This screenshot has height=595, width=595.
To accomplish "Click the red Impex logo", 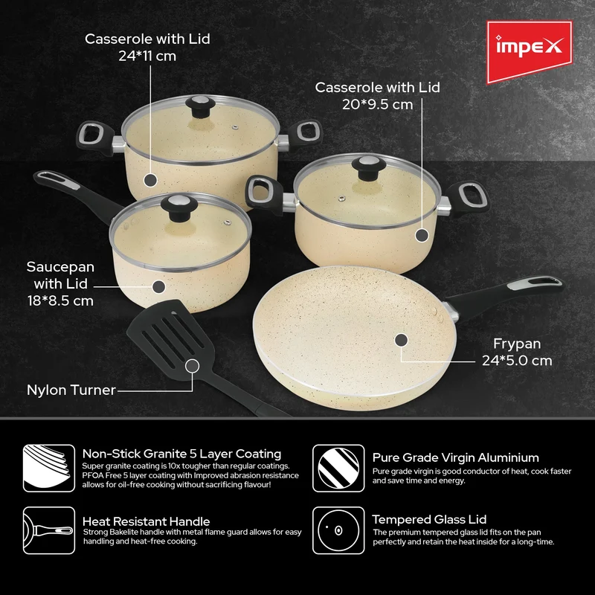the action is (530, 51).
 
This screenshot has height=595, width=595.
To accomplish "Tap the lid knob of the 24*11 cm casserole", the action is (200, 106).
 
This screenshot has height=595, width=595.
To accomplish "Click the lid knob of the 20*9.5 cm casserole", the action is (368, 167).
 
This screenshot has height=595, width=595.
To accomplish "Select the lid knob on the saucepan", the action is (178, 208).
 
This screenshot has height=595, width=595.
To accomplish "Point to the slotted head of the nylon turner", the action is (171, 336).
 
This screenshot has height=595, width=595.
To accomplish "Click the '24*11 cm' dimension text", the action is (147, 57).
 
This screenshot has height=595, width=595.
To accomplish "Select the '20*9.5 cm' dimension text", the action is (378, 104).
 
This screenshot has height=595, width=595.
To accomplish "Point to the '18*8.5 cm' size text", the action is (60, 301).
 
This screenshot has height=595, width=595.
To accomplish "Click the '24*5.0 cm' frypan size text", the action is (517, 361).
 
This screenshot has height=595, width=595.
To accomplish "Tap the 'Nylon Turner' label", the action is (71, 390).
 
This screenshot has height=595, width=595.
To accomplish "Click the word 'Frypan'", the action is (517, 344).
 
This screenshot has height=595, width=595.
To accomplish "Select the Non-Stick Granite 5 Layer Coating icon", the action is (49, 469).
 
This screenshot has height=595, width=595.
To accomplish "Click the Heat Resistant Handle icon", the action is (49, 530).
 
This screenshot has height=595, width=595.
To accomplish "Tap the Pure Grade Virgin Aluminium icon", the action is (338, 469).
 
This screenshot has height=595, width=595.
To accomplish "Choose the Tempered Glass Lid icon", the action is (338, 530).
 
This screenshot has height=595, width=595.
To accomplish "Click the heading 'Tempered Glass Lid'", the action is (429, 519).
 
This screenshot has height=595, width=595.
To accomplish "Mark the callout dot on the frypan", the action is (401, 340).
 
